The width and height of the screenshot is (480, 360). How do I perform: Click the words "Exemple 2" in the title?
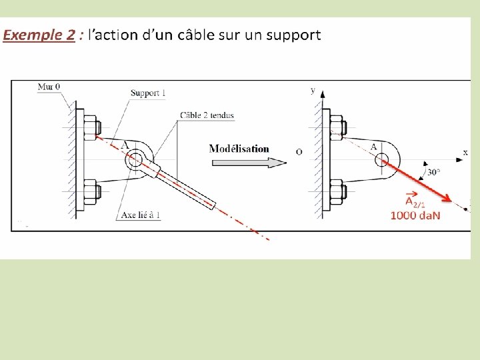pyautogui.click(x=39, y=35)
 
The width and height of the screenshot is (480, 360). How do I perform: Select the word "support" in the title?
pyautogui.click(x=293, y=35)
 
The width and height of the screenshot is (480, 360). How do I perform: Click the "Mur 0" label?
pyautogui.click(x=49, y=87)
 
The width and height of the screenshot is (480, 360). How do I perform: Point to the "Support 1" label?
pyautogui.click(x=148, y=93)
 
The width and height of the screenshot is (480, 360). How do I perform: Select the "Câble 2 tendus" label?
pyautogui.click(x=207, y=115)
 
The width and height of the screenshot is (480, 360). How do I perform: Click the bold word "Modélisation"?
pyautogui.click(x=239, y=148)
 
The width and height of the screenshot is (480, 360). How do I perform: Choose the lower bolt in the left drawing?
pyautogui.click(x=92, y=191)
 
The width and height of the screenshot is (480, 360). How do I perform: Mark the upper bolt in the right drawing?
pyautogui.click(x=337, y=125)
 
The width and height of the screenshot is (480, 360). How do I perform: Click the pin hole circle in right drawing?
pyautogui.click(x=382, y=159)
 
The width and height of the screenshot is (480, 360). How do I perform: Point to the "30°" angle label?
pyautogui.click(x=434, y=171)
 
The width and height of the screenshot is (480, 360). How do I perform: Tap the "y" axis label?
pyautogui.click(x=313, y=89)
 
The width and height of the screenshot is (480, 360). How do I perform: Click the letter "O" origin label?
pyautogui.click(x=299, y=152)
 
